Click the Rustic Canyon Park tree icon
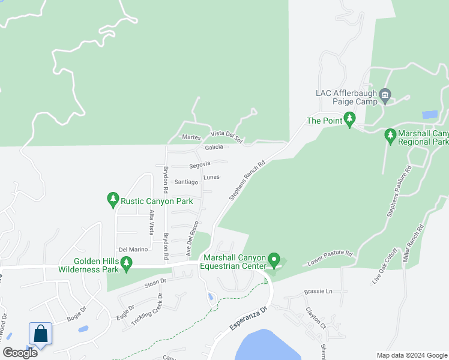tap(112, 200)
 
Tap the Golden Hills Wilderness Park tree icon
tap(125, 263)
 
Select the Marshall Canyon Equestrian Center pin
tap(274, 260)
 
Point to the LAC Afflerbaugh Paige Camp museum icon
tap(385, 94)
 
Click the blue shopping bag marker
tap(40, 334)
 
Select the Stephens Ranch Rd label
tap(247, 180)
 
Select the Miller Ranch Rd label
tap(414, 244)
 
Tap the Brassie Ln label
tap(321, 291)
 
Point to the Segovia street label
tap(200, 164)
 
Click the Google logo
tap(20, 353)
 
